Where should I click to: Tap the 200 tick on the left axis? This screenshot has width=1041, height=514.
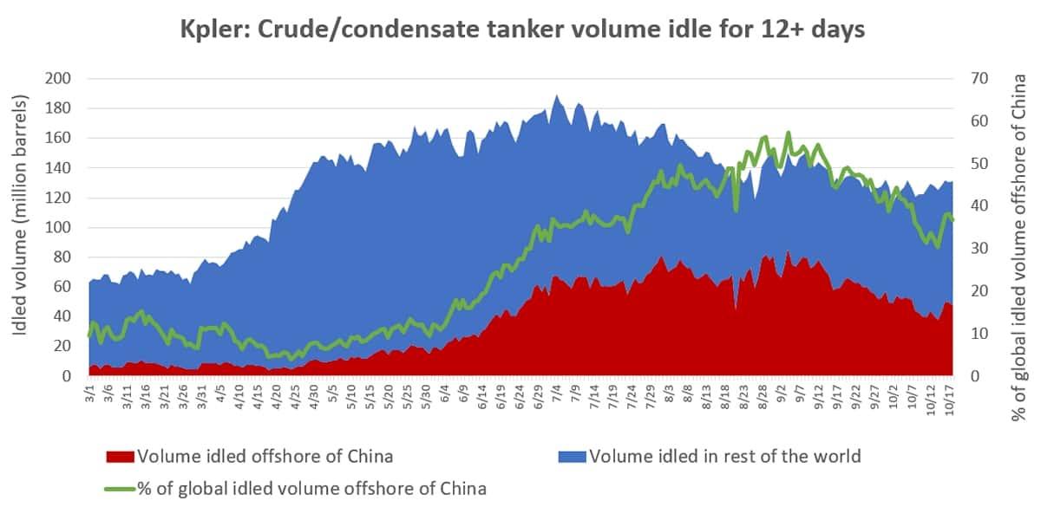click(x=60, y=79)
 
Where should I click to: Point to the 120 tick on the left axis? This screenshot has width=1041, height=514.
click(x=60, y=198)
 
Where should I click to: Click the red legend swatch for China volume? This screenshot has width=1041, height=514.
click(x=120, y=456)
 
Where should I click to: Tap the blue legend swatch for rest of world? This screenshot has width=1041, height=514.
click(x=572, y=456)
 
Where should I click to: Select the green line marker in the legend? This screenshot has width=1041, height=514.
click(x=120, y=489)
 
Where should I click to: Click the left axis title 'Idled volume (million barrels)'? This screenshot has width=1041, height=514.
click(x=21, y=227)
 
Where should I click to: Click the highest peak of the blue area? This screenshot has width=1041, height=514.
click(x=556, y=96)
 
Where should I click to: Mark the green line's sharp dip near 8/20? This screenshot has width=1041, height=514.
click(x=736, y=209)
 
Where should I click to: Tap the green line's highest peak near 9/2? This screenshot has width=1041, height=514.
click(x=788, y=133)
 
